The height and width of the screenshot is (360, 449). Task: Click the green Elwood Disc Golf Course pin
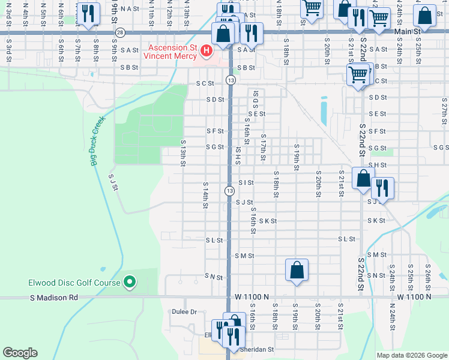(x=130, y=282)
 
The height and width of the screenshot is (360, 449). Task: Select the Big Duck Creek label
(x=97, y=142)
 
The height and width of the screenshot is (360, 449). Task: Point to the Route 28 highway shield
(x=121, y=32)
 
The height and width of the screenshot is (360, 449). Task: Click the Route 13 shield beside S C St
(x=230, y=80)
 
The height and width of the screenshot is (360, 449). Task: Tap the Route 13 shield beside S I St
(x=229, y=190)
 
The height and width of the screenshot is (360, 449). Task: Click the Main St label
(x=406, y=31)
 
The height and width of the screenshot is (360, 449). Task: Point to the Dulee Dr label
(x=184, y=312)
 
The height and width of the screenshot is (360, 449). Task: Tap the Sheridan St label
(x=257, y=349)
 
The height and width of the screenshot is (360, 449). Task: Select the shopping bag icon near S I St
(x=363, y=179)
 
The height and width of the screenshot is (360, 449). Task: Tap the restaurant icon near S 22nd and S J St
(x=382, y=188)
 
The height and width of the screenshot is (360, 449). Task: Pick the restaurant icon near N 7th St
(x=88, y=13)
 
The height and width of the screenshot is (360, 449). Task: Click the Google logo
(x=20, y=353)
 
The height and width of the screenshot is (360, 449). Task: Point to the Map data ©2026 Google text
(x=412, y=355)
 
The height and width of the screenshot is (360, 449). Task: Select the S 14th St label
(x=205, y=195)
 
